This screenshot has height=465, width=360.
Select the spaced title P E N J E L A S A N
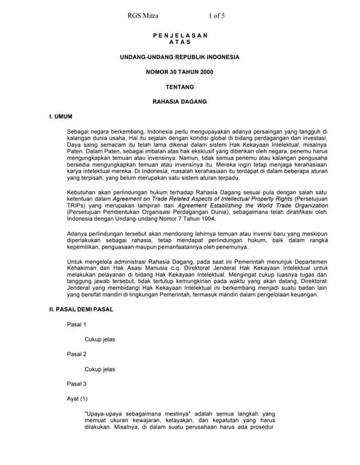click(x=180, y=36)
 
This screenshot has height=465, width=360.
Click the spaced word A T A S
click(x=180, y=42)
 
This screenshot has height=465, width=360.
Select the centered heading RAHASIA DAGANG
click(x=180, y=102)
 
